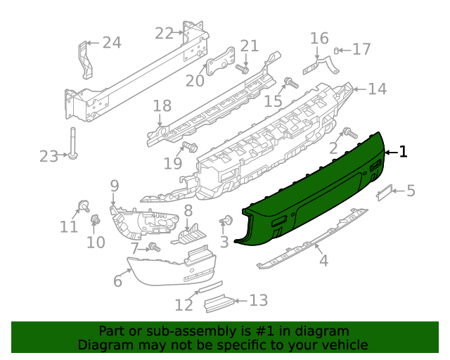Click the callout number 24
tap(112, 43)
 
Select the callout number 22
tap(164, 33)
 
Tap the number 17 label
tap(361, 49)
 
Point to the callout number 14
tap(377, 89)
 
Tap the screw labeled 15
tap(288, 84)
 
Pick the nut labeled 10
tap(94, 221)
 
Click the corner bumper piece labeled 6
tap(169, 271)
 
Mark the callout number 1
tap(403, 151)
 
